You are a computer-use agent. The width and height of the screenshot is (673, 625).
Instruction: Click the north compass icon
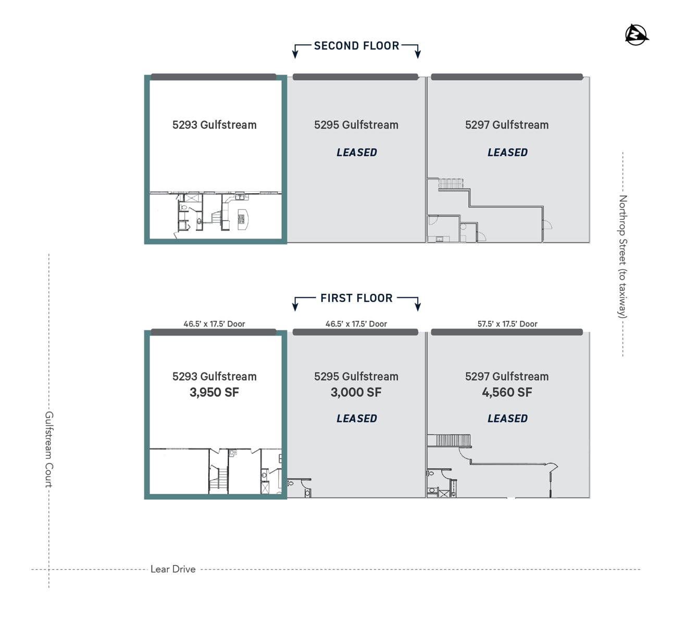pos(637,35)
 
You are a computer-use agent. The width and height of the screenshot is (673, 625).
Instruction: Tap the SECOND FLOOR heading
pos(356,46)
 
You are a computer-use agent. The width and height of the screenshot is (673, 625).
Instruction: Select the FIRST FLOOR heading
pos(356,298)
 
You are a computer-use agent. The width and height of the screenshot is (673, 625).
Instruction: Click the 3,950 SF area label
pos(214,393)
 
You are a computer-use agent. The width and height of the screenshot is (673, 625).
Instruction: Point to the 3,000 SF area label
pos(356,393)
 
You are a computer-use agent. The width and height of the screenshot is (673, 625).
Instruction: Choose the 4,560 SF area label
pos(507,393)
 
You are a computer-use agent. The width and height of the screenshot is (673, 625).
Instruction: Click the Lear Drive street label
pos(173,569)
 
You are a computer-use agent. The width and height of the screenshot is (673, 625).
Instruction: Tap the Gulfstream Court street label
pos(49,449)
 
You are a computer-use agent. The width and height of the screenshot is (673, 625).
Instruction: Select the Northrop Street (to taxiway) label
pos(623,256)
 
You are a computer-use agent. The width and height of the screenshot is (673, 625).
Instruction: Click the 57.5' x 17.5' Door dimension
pos(507,324)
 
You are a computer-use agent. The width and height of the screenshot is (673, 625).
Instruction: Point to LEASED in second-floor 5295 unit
pos(356,153)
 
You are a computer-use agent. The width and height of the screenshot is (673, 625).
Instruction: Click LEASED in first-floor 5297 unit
pos(507,419)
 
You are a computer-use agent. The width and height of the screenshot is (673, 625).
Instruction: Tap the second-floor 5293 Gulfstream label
pos(214,125)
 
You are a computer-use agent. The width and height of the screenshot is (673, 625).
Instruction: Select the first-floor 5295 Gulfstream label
pos(356,377)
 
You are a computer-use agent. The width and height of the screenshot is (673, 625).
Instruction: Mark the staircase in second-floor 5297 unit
pos(451,184)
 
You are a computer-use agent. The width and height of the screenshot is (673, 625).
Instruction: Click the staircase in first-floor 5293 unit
pos(218,479)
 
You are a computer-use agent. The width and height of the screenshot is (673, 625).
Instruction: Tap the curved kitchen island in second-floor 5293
pos(243,220)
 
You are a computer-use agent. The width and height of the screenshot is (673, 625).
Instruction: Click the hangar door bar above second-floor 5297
pos(507,77)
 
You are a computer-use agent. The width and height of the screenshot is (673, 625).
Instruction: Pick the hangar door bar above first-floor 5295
pos(355,332)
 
